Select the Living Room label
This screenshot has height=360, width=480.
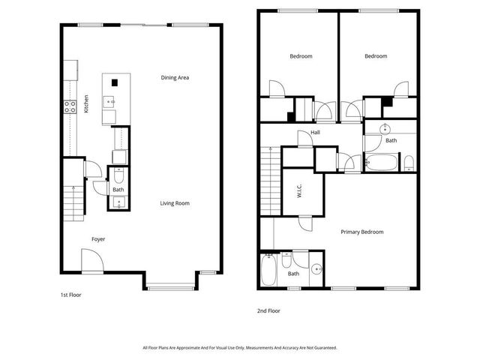pos(175,203)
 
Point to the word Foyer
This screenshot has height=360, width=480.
pos(98,239)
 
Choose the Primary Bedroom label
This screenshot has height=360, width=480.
pos(362,232)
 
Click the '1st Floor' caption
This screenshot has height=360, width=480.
pos(70,295)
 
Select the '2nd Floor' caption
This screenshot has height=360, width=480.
pos(268,309)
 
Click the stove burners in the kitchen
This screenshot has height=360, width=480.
pos(70,106)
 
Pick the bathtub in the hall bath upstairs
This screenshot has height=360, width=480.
pos(381,162)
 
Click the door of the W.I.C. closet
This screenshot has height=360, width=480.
pos(305,221)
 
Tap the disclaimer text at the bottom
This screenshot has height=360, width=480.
pos(240,348)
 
